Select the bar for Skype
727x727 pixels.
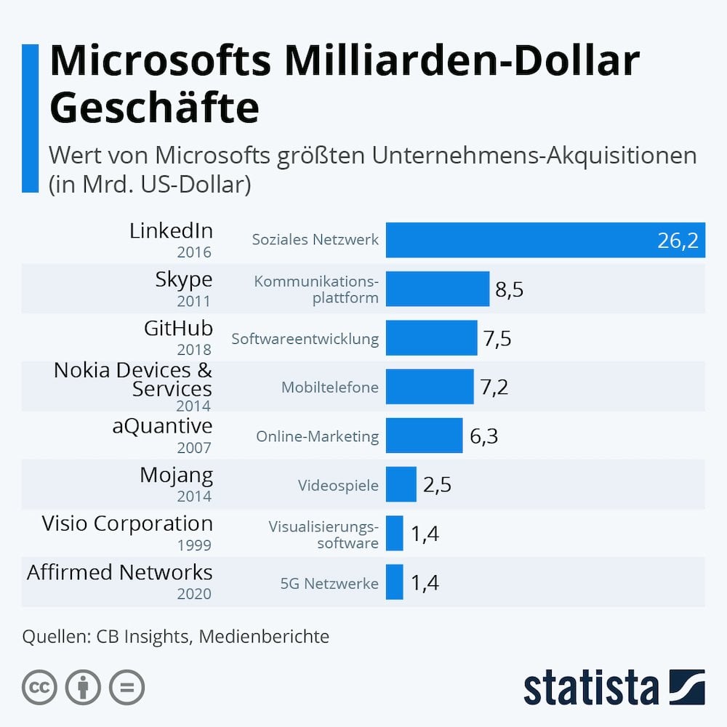point(438,289)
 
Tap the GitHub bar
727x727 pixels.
point(431,337)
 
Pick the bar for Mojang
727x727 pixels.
point(401,484)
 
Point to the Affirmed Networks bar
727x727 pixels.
point(395,582)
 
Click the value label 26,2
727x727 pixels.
point(678,241)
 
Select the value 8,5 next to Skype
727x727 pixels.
point(509,289)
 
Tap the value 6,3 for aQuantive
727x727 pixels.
point(483,436)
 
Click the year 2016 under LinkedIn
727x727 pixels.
point(193,252)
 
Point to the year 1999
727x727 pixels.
point(193,545)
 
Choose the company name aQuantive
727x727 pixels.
point(162,425)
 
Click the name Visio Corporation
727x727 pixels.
point(127,523)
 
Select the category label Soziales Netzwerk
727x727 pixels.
point(316,239)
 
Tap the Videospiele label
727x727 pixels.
point(338,485)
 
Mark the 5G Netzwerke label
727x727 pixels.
point(329,582)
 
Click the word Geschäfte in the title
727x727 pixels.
point(154,108)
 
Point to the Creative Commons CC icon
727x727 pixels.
point(40,687)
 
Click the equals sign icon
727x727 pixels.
point(127,687)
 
